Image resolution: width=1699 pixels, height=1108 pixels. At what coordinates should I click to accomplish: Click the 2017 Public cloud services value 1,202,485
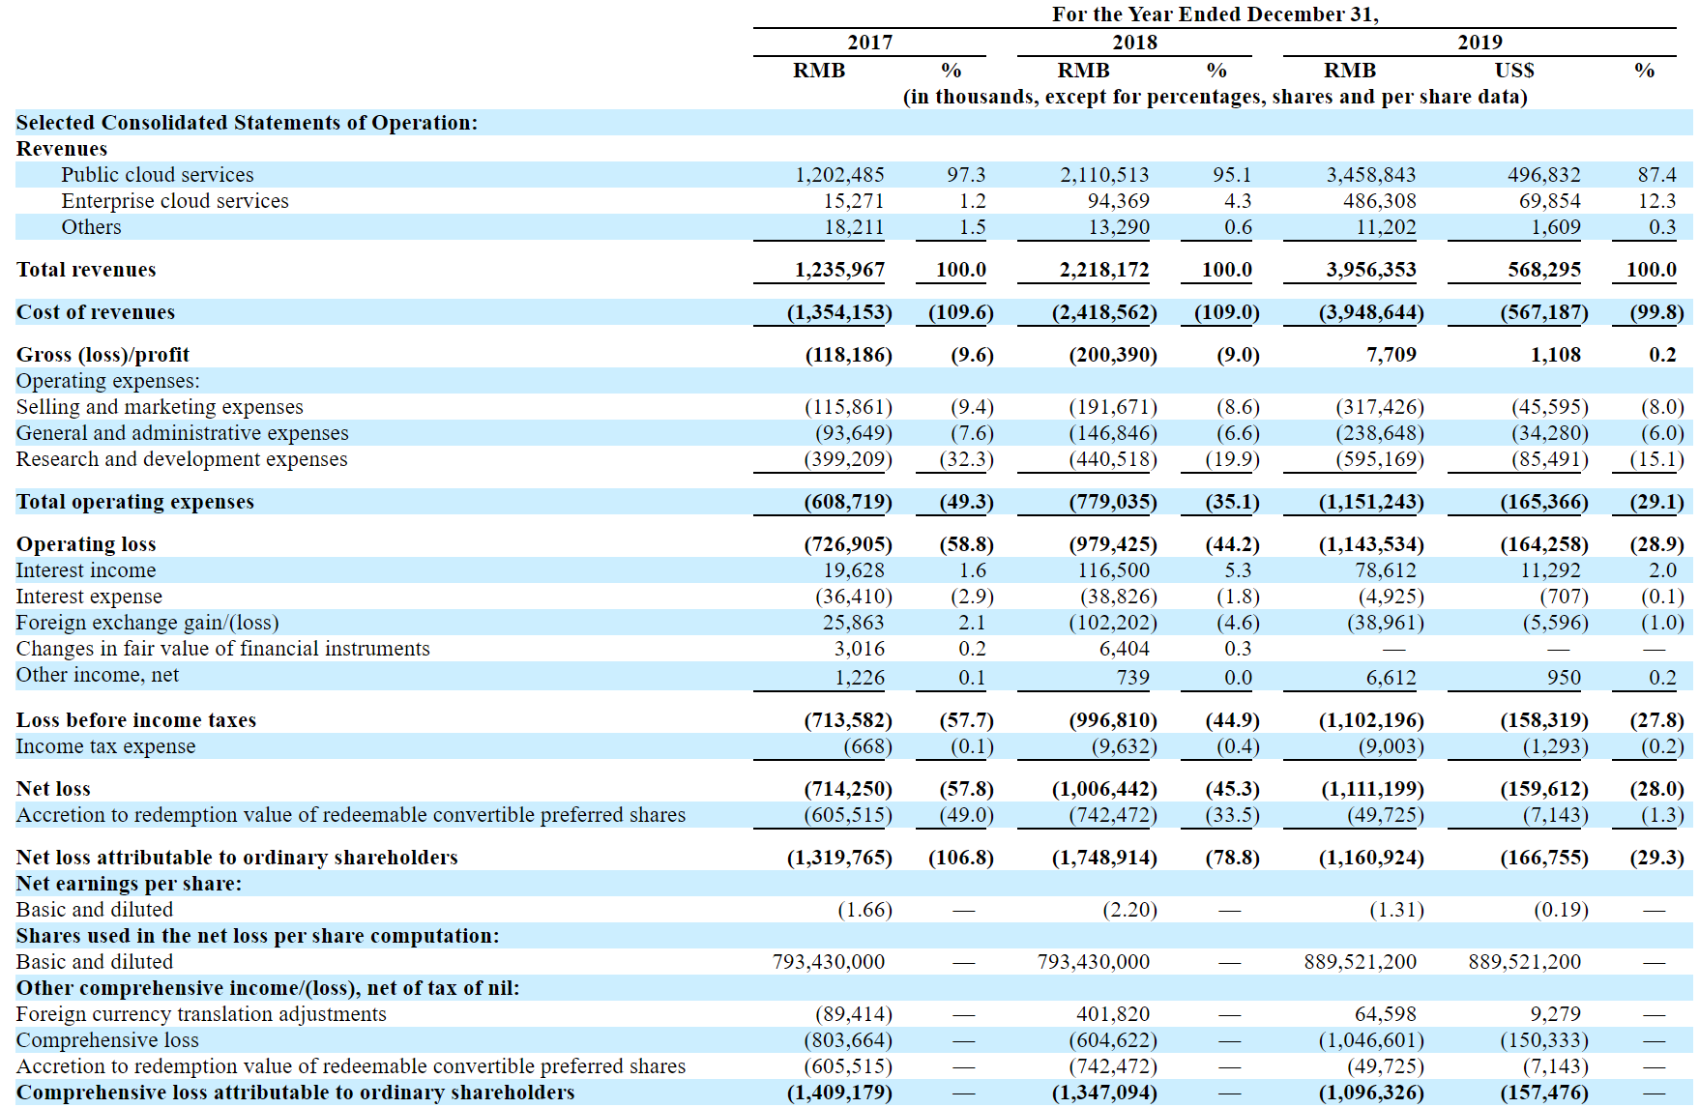838,175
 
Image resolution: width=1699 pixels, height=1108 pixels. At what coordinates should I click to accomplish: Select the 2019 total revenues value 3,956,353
1370,270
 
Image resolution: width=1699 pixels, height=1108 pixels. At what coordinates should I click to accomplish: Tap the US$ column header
1513,71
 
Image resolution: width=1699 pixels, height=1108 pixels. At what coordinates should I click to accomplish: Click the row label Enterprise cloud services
175,201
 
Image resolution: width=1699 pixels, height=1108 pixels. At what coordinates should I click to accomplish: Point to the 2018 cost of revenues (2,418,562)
1103,312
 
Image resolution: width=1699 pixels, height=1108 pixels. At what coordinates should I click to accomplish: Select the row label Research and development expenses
182,459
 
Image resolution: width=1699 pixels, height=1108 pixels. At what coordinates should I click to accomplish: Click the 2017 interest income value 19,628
853,570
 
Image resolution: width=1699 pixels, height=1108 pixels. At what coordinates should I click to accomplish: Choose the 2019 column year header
1479,43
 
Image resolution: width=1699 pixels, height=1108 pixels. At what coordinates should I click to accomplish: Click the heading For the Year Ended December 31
1215,15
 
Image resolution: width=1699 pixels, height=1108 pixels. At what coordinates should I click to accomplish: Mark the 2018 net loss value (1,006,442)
1103,789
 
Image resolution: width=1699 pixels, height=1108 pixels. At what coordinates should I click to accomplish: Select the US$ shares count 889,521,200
1524,962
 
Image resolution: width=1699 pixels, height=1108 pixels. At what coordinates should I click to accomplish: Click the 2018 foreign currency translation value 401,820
1112,1014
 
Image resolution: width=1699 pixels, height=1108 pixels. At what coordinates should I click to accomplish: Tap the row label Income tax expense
105,746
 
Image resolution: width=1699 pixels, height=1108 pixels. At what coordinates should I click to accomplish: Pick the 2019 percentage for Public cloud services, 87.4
1656,175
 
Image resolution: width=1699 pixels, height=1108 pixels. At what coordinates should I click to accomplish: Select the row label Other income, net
98,675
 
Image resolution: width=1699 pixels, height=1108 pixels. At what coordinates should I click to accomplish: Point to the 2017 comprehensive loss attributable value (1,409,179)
838,1093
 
